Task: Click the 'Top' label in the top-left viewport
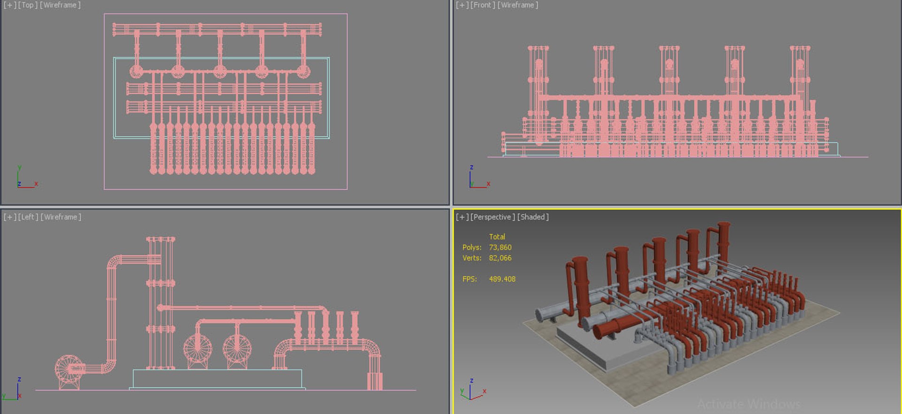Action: [28, 5]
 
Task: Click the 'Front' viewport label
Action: [482, 5]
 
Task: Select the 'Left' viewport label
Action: [28, 217]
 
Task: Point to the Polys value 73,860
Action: [500, 248]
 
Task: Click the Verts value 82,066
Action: [500, 258]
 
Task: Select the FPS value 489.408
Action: [502, 279]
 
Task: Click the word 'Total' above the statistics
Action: [497, 237]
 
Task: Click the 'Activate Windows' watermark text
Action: [748, 404]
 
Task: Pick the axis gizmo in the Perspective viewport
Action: [472, 392]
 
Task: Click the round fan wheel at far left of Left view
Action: [69, 369]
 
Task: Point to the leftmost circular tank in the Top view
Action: [136, 72]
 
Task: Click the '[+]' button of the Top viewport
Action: [9, 5]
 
